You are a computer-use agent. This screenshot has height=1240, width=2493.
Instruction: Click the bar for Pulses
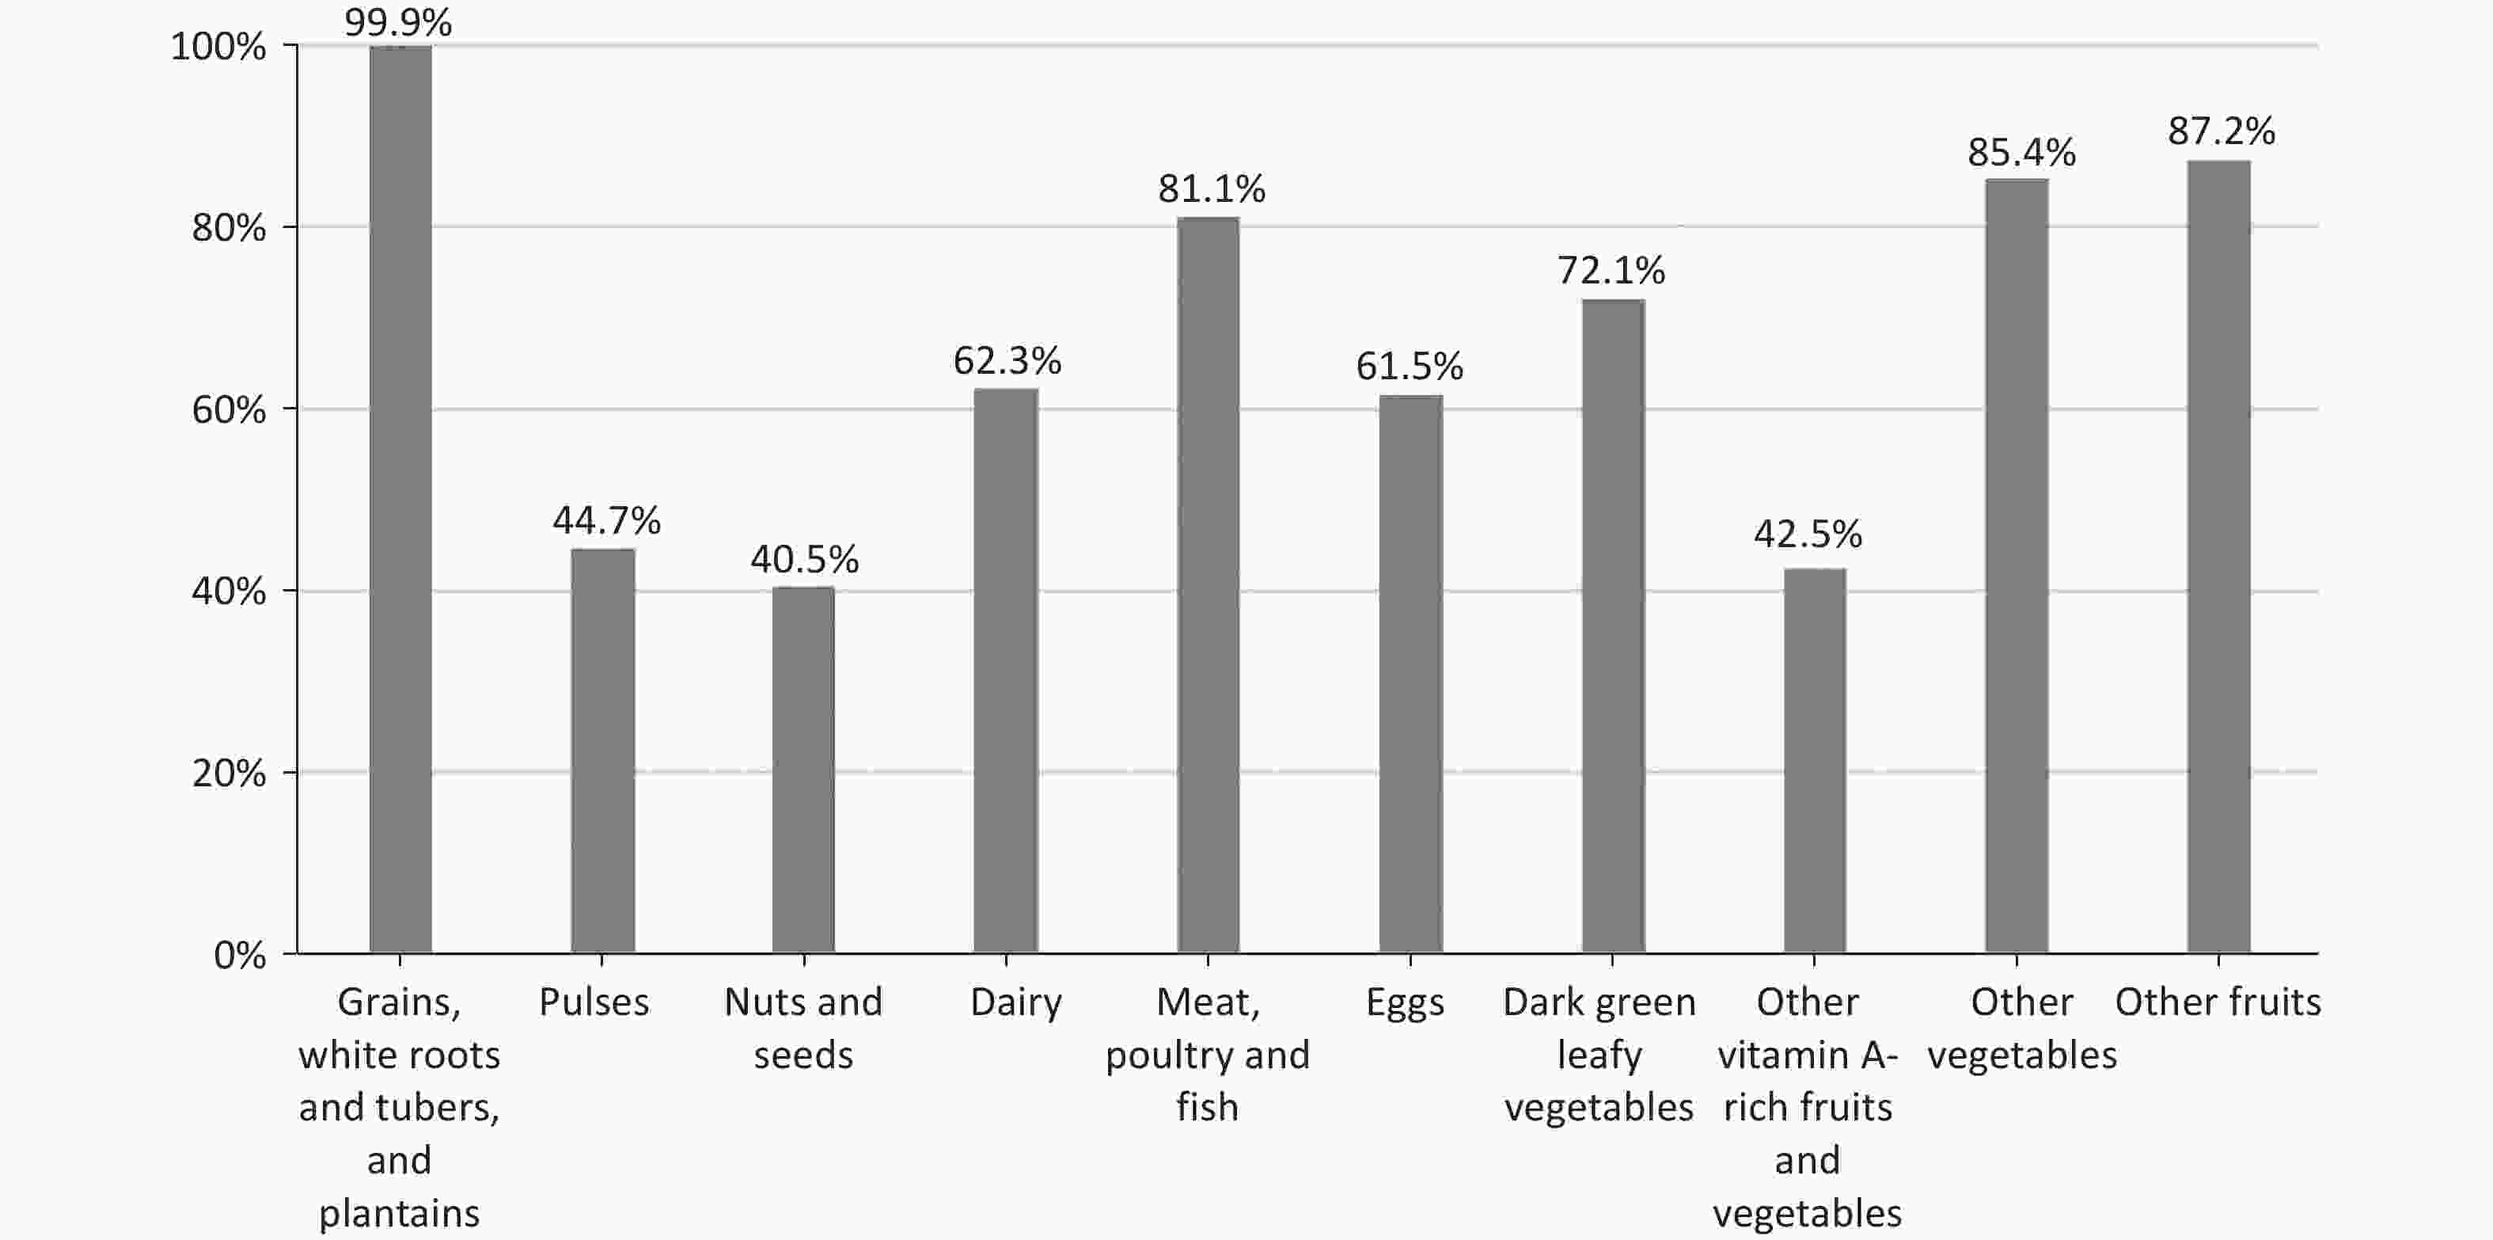(602, 750)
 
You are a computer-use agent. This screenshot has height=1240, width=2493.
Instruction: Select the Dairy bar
(1006, 671)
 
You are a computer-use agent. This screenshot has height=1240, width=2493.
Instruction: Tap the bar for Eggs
(1410, 674)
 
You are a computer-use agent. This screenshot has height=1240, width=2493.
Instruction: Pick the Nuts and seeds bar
(803, 770)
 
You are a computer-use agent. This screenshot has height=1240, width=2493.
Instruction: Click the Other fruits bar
(2218, 557)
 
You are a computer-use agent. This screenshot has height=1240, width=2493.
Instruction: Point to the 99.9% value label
(398, 21)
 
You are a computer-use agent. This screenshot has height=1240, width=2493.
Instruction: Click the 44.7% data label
(607, 521)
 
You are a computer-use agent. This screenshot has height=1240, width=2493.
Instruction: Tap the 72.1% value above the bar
(1611, 271)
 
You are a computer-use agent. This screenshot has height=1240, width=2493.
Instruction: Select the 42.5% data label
(1808, 534)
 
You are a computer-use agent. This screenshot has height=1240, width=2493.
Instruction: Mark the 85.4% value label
(2021, 153)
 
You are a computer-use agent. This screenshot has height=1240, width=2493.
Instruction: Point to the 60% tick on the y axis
(229, 410)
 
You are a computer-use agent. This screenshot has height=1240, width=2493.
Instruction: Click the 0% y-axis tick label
(239, 956)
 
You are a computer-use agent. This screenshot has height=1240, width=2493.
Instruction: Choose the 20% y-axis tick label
(229, 774)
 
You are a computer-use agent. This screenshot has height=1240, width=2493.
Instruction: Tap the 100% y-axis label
(218, 47)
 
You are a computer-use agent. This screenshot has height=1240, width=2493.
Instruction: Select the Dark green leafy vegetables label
(1599, 1054)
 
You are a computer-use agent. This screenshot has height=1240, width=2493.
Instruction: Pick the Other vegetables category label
(2021, 1028)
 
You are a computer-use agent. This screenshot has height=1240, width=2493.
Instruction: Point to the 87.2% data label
(2221, 131)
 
